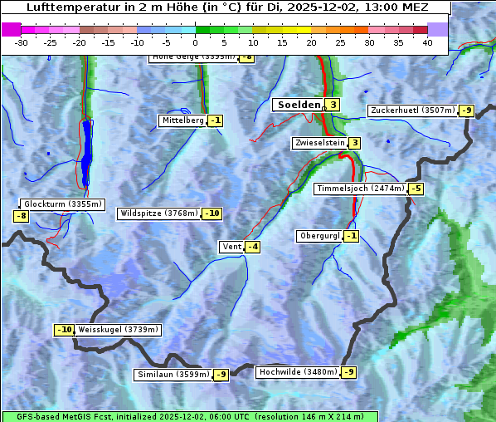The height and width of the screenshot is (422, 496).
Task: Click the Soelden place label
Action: point(298,105)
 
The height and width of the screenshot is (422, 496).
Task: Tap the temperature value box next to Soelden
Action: point(333,105)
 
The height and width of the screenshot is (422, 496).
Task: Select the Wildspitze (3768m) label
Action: point(158,213)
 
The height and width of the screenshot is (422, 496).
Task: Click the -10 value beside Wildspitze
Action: point(212,213)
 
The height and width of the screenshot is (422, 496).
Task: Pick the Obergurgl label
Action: point(319,236)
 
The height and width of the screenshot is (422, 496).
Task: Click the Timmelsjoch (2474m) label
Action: point(361,189)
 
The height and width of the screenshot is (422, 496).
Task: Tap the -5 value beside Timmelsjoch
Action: point(416,189)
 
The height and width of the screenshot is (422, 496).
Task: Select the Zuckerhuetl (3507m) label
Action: point(412,110)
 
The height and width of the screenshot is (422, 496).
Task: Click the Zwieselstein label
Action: point(319,143)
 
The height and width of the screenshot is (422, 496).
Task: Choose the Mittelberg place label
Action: point(182,120)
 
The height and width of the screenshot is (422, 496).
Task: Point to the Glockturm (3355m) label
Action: point(63,204)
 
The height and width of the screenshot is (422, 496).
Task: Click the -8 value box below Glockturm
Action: point(22,216)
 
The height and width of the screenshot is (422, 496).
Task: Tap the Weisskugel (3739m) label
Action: point(118,330)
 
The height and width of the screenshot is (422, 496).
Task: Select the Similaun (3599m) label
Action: point(173,375)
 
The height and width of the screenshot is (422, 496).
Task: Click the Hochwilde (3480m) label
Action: point(298,372)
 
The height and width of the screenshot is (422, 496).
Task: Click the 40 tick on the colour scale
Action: point(427,43)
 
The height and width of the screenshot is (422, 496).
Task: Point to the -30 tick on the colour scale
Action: point(22,43)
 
